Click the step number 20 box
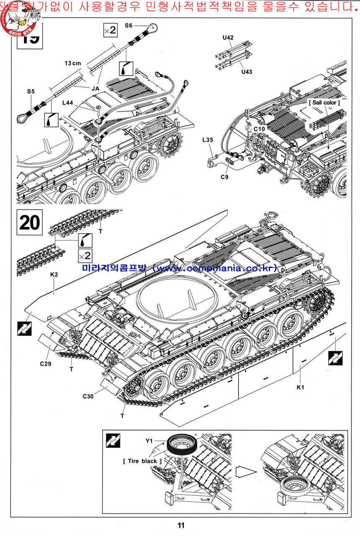tap(29, 223)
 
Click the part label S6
tap(129, 26)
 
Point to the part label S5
tap(31, 91)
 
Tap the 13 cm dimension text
tap(73, 63)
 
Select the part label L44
tap(67, 103)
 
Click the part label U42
tap(228, 37)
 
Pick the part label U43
tap(247, 72)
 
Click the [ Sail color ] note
tap(324, 102)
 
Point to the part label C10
tap(260, 129)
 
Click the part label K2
tap(54, 274)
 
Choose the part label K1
tap(300, 387)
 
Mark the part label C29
tap(46, 363)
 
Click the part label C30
tap(88, 396)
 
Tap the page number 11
tap(181, 526)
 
